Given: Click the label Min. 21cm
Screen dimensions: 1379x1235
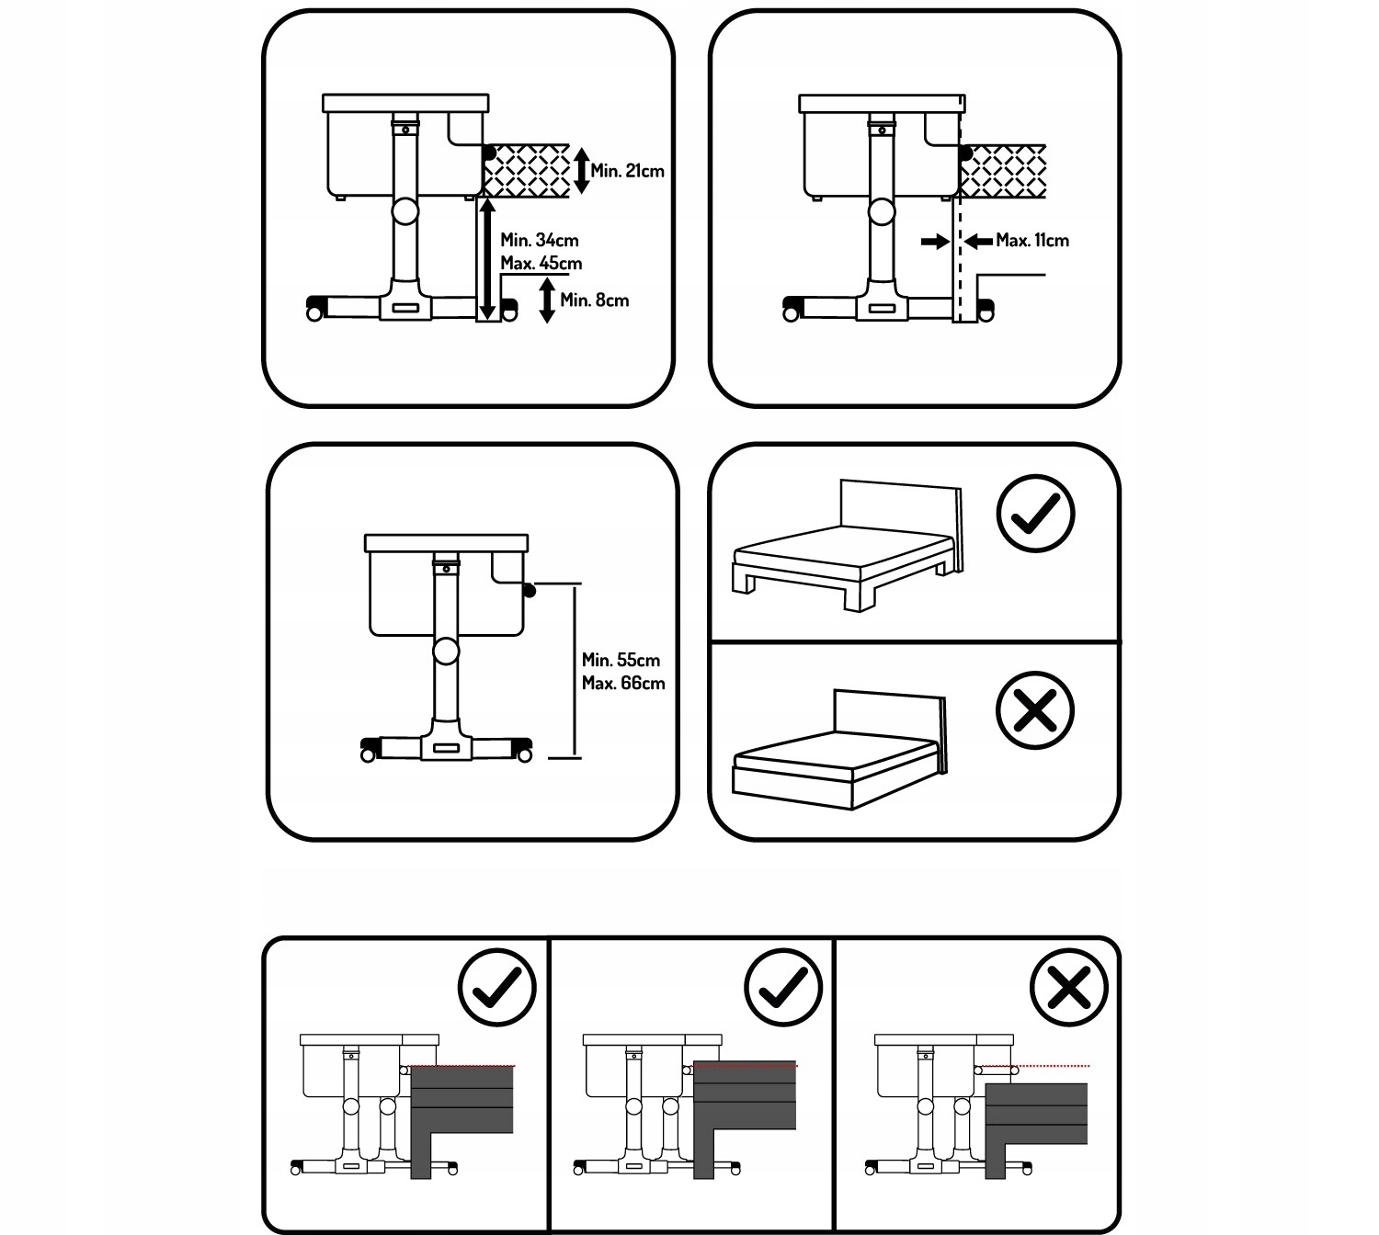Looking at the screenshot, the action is [627, 171].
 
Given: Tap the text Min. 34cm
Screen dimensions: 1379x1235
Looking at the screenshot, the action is [539, 240].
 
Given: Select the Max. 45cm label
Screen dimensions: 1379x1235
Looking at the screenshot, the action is [541, 264].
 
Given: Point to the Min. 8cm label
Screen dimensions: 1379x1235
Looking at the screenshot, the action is [594, 300].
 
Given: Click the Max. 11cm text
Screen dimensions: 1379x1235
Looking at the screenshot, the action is [1031, 240].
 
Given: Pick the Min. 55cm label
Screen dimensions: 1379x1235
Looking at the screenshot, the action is [621, 660].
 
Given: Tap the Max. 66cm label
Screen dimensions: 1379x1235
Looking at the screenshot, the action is [622, 683].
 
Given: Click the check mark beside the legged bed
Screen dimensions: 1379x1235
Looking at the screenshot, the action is [1035, 513].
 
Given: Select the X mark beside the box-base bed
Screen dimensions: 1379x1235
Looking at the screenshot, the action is [1034, 710].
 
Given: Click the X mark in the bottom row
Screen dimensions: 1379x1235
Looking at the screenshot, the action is [1068, 987].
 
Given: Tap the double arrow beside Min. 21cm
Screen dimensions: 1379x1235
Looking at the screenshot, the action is [581, 171].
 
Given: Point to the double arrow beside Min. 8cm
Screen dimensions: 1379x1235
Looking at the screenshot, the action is [547, 300].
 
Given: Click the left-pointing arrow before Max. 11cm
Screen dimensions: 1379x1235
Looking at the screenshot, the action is [978, 241].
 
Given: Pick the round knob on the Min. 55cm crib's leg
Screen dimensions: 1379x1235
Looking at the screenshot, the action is [446, 651].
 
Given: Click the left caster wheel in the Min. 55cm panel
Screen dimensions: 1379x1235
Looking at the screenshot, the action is [368, 755].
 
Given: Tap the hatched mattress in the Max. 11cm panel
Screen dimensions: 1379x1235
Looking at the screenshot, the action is [1003, 172].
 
